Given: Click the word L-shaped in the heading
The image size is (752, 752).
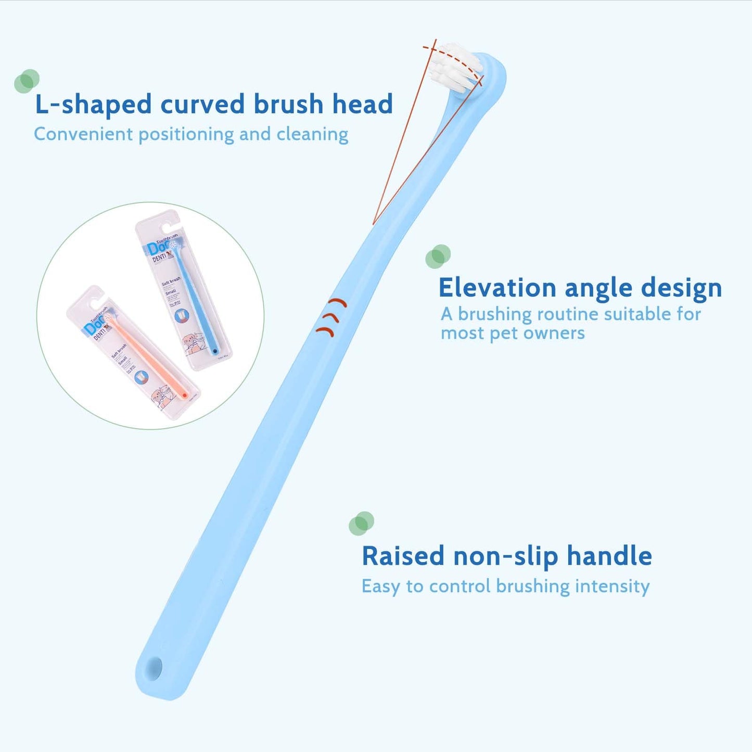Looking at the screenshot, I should pos(93,104).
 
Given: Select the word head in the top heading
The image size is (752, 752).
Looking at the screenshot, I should pos(362,104).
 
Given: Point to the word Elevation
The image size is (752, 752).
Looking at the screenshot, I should pos(497,288).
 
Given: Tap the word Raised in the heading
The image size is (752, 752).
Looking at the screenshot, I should pos(403,556).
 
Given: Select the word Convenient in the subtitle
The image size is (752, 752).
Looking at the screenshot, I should pos(83,134).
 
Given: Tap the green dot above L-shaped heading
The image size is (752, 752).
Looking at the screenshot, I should pos(27,81).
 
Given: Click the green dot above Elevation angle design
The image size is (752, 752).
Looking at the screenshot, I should pos(438,256).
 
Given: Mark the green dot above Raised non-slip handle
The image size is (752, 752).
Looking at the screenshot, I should pos(361,523).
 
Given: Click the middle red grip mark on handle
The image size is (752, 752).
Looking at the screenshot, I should pos(330,317).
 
